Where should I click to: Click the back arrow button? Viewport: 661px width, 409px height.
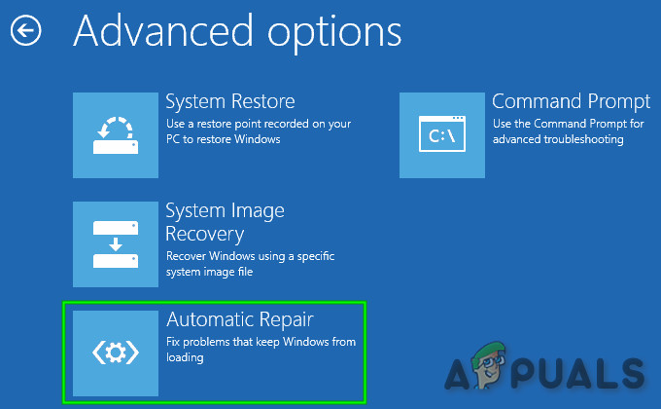coord(25,30)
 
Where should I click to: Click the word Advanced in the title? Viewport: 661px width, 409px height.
coord(163,30)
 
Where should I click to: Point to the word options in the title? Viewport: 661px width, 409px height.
coord(334,34)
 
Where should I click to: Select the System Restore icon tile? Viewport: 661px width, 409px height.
coord(116,135)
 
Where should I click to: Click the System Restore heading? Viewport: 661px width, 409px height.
coord(230,101)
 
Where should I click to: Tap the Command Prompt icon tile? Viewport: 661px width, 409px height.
coord(441,135)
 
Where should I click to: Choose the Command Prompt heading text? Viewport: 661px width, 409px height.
coord(571,102)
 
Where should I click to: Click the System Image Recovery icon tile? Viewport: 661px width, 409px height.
coord(116,244)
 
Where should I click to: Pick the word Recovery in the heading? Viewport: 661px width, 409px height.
coord(205,234)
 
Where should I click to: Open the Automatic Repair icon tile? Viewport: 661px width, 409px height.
coord(116,353)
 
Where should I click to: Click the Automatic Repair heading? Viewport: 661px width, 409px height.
coord(240,319)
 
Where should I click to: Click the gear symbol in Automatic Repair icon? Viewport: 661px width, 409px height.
coord(116,353)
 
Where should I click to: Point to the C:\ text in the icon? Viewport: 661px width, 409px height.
coord(441,136)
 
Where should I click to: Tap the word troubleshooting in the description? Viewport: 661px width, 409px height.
coord(583,139)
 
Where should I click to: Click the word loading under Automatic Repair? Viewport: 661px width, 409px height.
coord(185,358)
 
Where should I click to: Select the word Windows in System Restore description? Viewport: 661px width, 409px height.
coord(258,139)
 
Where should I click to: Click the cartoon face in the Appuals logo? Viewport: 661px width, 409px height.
coord(489,364)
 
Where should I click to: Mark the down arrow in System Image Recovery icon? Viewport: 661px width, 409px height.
coord(116,244)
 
